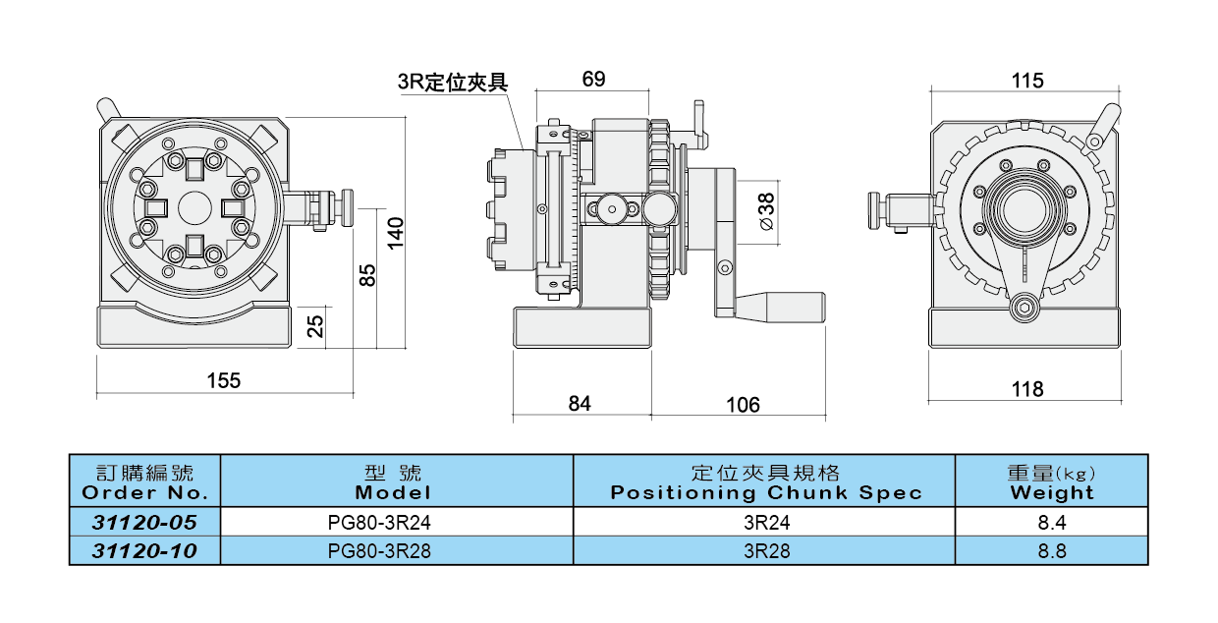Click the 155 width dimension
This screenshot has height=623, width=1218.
[224, 380]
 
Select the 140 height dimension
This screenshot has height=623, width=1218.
[394, 232]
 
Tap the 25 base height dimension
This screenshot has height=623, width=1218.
[315, 326]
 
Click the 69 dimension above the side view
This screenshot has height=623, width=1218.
[593, 79]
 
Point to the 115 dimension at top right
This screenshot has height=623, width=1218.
[1026, 80]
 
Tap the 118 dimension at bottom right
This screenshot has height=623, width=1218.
[1026, 389]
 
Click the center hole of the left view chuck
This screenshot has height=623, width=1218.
[194, 207]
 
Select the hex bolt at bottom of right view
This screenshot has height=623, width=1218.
[1024, 308]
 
